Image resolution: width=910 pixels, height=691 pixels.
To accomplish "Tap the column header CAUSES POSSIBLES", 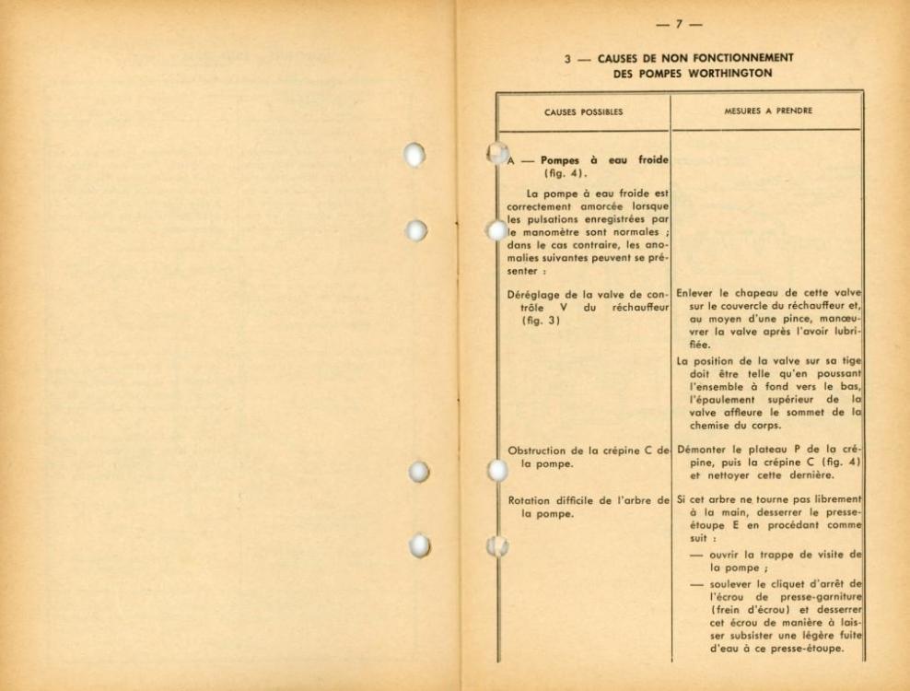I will click(582, 113).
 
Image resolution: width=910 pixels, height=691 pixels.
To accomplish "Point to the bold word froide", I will click(645, 159).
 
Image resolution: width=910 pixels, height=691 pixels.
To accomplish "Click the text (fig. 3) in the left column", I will click(539, 321).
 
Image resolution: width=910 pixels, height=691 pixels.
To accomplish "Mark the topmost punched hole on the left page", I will click(417, 154).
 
